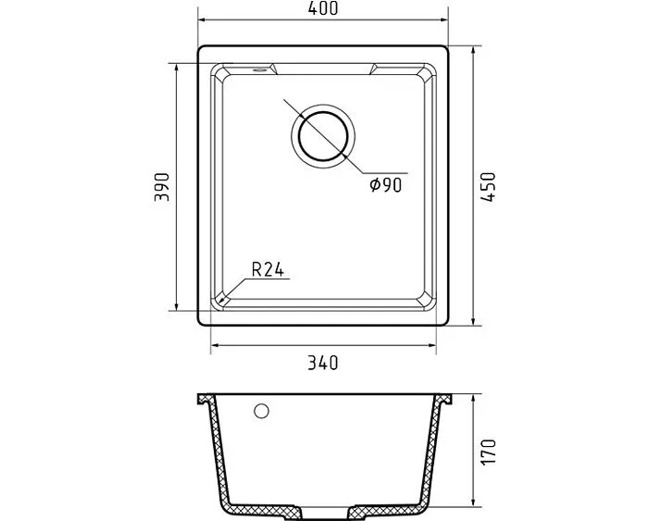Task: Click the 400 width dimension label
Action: pyautogui.click(x=323, y=8)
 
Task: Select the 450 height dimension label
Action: pyautogui.click(x=489, y=187)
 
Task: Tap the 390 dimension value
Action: pyautogui.click(x=162, y=187)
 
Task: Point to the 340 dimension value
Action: pyautogui.click(x=323, y=363)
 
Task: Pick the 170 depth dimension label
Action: pyautogui.click(x=489, y=452)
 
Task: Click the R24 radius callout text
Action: pyautogui.click(x=268, y=269)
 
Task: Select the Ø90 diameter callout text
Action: pyautogui.click(x=386, y=185)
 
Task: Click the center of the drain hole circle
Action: pyautogui.click(x=323, y=136)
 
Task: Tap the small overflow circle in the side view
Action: pyautogui.click(x=261, y=411)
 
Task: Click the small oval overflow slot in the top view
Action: pyautogui.click(x=260, y=69)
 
